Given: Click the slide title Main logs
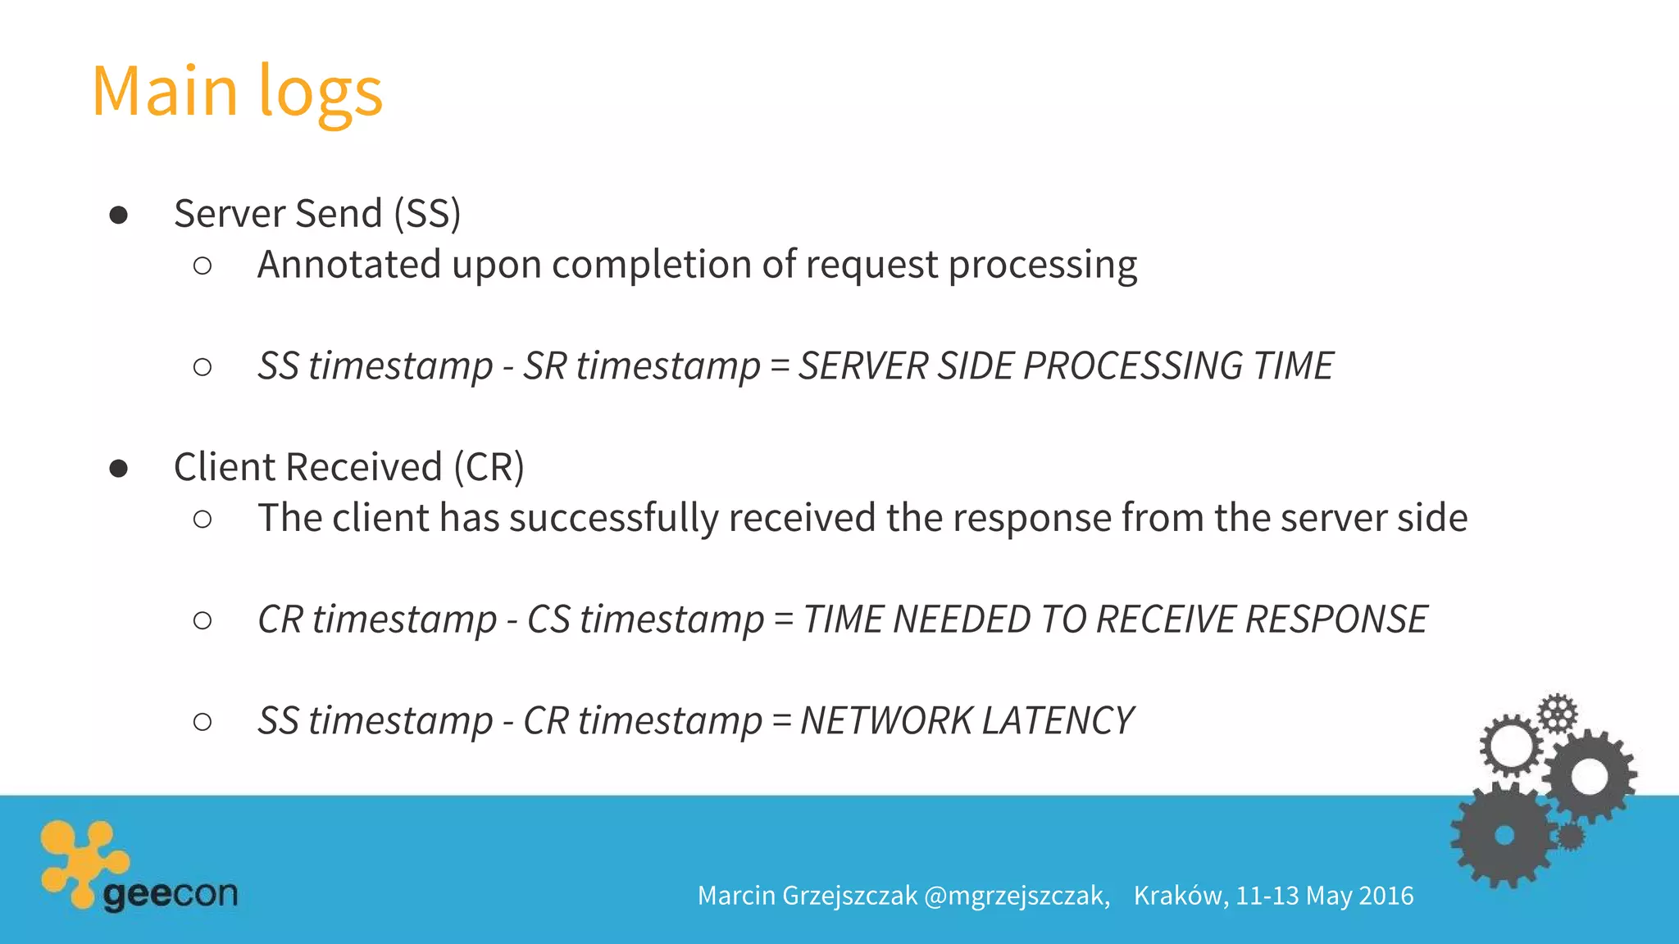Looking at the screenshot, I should (x=237, y=91).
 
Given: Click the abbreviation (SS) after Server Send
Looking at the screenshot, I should (x=427, y=214).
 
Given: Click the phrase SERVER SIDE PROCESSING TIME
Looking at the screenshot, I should (x=1066, y=365).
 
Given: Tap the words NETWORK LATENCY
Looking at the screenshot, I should (x=967, y=721).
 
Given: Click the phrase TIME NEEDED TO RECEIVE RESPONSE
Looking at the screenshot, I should (x=1115, y=619).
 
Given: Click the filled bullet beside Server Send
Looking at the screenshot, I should (x=119, y=215).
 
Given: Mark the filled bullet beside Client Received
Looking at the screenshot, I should (x=119, y=468).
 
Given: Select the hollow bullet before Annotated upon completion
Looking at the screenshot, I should (x=202, y=265).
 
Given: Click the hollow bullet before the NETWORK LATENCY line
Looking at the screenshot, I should (x=202, y=722).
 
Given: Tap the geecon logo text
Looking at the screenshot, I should (x=171, y=894).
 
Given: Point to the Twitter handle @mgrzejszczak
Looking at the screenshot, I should (x=1017, y=896).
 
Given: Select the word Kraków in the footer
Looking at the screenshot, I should (x=1181, y=896).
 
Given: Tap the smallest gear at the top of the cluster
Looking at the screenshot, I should (x=1557, y=712).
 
